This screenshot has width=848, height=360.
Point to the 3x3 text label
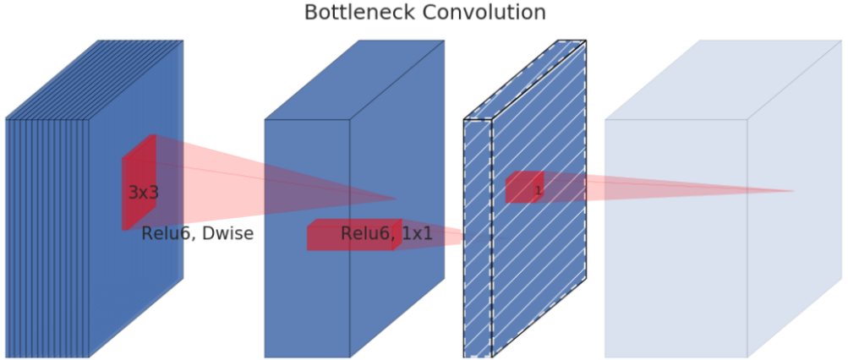pyautogui.click(x=143, y=193)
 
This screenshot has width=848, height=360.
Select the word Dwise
pyautogui.click(x=226, y=234)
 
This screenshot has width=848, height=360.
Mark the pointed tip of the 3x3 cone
pyautogui.click(x=396, y=199)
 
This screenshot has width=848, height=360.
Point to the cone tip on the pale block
pyautogui.click(x=793, y=191)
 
